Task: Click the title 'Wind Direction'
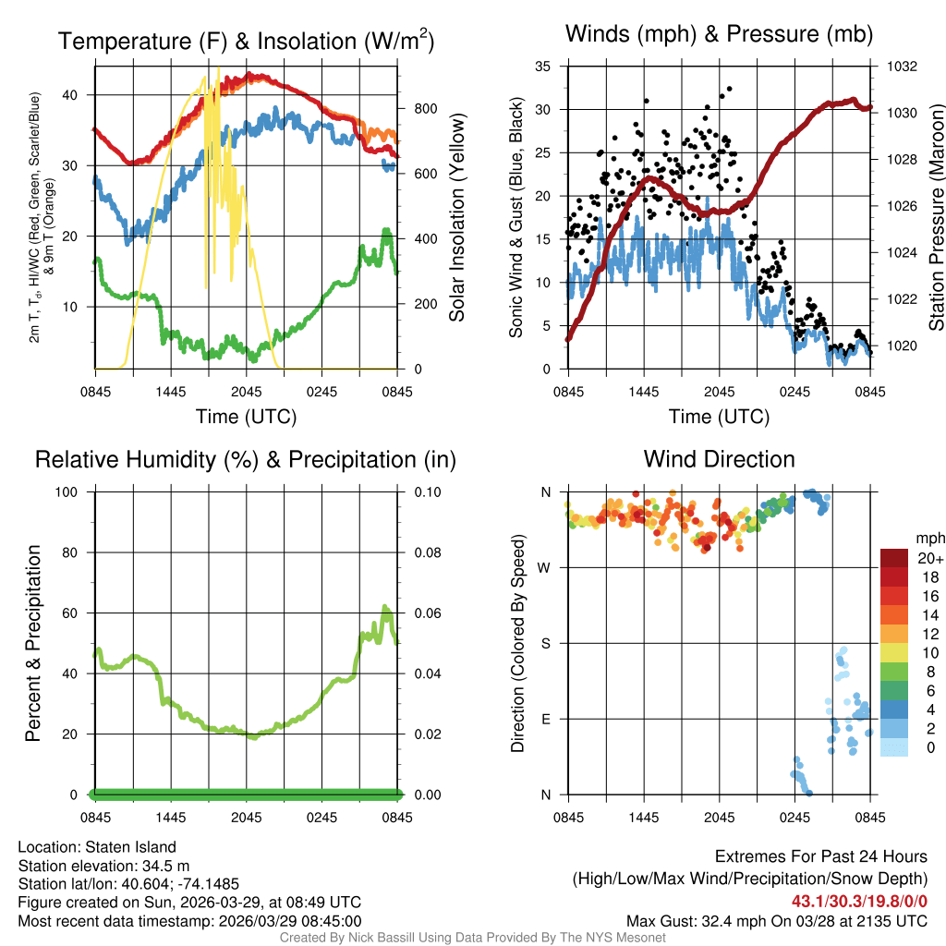tap(719, 459)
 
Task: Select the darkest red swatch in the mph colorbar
tap(895, 558)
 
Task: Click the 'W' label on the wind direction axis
tap(546, 567)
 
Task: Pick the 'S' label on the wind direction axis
tap(546, 643)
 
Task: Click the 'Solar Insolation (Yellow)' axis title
tap(456, 217)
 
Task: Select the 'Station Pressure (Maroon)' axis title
tap(935, 217)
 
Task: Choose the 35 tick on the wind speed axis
tap(543, 67)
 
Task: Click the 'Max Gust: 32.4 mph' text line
tap(776, 920)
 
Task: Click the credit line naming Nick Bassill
tap(472, 937)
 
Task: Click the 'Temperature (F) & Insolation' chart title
tap(246, 41)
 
